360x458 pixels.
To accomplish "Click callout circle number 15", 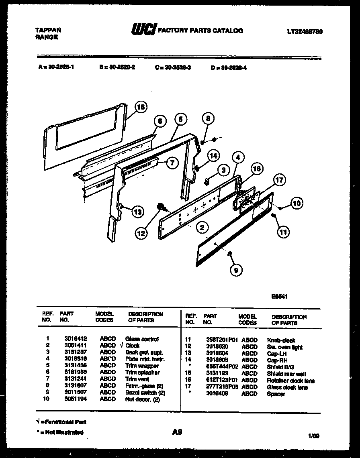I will click(140, 107).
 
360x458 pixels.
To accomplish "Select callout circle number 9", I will click(236, 270).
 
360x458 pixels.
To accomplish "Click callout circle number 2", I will click(202, 228).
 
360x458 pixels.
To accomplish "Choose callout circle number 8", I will click(208, 119).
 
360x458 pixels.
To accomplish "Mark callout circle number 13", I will click(137, 212).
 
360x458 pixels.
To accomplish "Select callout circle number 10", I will click(296, 203).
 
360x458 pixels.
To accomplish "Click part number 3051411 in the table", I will click(76, 345).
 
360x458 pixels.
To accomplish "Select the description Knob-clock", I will click(281, 340).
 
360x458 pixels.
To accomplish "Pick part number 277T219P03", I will click(219, 387).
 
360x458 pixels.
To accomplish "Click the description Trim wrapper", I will click(142, 366).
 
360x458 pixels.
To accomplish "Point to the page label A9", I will click(177, 432).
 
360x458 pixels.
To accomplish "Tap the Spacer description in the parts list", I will click(276, 394).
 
